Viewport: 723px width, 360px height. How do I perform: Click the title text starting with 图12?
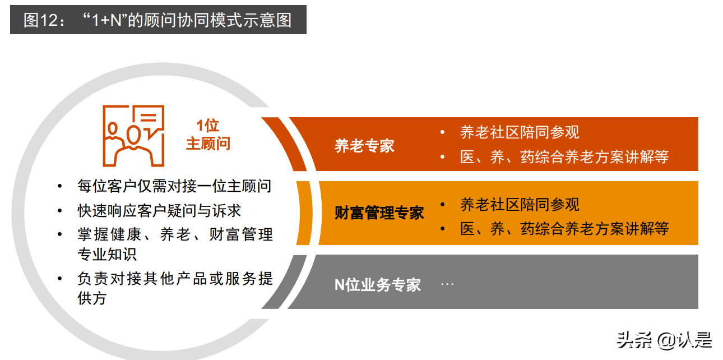click(157, 20)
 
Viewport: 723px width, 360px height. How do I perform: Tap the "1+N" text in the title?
click(107, 21)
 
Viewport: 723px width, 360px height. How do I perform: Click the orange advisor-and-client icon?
click(133, 135)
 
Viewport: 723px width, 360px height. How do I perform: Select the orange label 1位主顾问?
click(208, 135)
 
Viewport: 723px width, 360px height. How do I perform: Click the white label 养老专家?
click(364, 146)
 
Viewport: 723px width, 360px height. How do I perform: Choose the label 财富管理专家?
click(379, 213)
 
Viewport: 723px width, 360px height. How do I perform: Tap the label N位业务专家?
click(377, 284)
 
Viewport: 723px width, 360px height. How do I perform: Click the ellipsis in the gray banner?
click(447, 284)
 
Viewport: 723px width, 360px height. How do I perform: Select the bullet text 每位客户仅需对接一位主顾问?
click(174, 186)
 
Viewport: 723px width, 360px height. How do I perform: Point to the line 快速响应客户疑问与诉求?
click(159, 210)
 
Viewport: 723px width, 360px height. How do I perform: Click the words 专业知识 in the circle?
click(106, 253)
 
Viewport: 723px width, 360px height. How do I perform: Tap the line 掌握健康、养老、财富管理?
click(175, 234)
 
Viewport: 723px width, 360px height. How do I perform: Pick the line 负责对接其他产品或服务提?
click(175, 279)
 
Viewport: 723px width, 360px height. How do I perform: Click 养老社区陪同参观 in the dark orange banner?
click(520, 132)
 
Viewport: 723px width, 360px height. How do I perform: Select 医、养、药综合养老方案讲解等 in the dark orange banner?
click(564, 156)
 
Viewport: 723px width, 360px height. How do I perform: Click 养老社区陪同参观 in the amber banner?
click(520, 204)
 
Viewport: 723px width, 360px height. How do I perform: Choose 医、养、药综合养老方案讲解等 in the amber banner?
click(564, 228)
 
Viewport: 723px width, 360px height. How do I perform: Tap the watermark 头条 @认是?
click(664, 339)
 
